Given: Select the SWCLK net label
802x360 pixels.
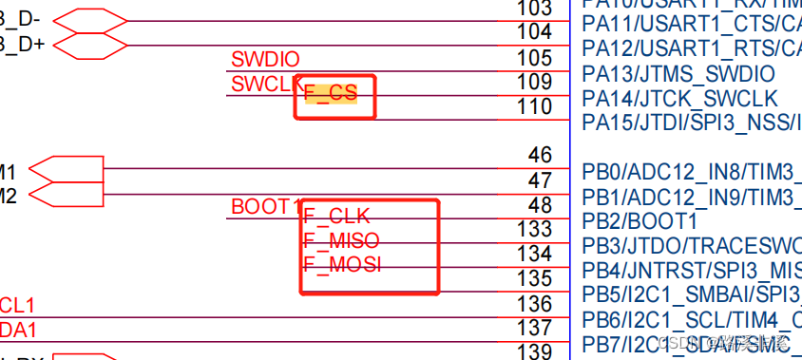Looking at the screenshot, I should [x=265, y=84].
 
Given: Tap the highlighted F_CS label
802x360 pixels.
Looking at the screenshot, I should [x=331, y=92].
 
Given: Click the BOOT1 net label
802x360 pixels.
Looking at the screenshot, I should [x=265, y=207].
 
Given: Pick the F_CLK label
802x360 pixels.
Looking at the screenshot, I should [x=336, y=216].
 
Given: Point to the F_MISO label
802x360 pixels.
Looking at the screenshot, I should [x=341, y=240].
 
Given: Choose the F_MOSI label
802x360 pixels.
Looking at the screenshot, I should [x=342, y=265].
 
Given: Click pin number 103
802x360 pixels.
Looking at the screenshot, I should [x=534, y=9].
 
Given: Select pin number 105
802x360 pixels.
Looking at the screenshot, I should [x=534, y=58].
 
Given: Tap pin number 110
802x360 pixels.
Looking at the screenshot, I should [x=534, y=107].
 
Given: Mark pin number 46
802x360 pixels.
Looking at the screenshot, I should [x=540, y=155].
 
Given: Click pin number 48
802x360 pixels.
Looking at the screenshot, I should [x=540, y=204].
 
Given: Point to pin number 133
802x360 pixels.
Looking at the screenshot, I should [x=534, y=229].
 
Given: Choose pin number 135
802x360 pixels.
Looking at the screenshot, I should [x=534, y=278].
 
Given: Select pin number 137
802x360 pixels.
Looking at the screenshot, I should [x=534, y=328].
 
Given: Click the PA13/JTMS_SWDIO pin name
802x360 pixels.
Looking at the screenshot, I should [x=678, y=74].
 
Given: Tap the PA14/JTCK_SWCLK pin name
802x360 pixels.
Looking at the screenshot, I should [x=679, y=99].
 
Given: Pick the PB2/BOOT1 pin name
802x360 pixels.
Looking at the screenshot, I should [x=640, y=221].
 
